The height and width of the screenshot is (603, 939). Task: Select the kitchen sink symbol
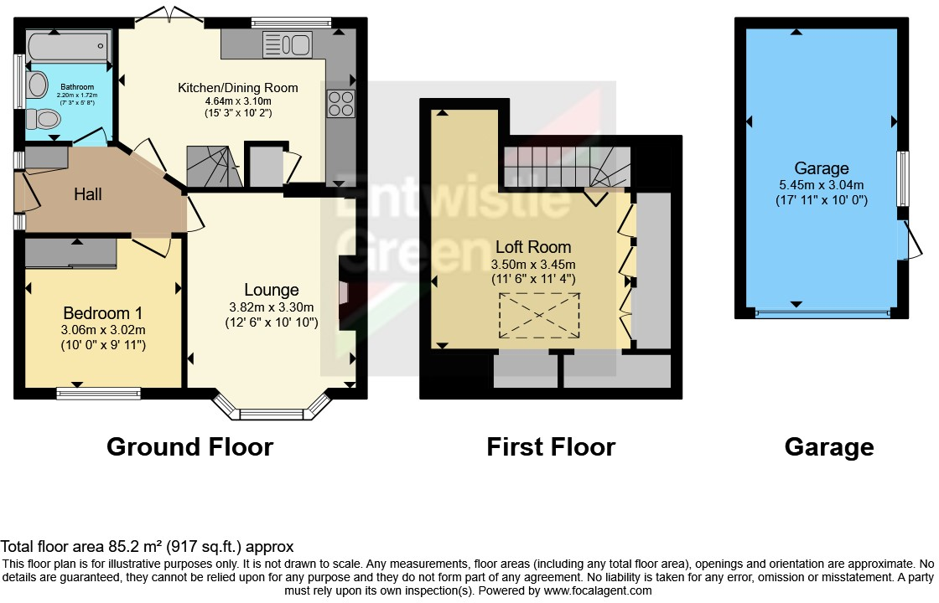pos(287,43)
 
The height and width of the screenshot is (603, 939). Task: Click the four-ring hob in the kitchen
pos(340,103)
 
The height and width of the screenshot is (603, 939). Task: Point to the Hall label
pos(88,194)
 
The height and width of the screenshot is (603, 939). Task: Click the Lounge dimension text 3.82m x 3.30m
pos(272,307)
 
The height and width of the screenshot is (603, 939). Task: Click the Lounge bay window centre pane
pos(272,413)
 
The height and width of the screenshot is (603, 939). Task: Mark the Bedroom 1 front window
pos(99,390)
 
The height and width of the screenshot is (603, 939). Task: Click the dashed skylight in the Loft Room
pos(539,316)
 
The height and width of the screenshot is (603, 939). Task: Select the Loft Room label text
pos(533,247)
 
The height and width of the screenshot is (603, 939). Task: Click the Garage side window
pos(902,178)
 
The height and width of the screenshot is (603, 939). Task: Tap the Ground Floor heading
pos(189,446)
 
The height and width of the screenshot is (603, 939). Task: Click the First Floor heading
pos(551,446)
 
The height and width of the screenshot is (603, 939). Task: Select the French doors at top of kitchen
pos(172,16)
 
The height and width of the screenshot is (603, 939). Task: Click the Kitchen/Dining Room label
pos(237,87)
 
